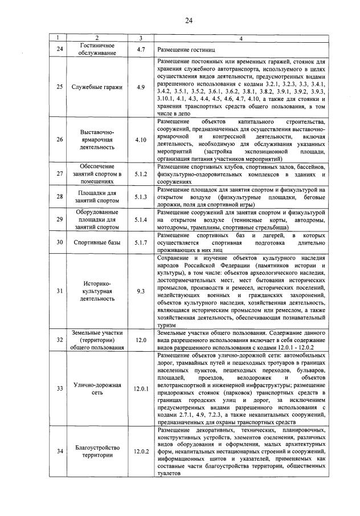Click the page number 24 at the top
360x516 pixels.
coord(189,21)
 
